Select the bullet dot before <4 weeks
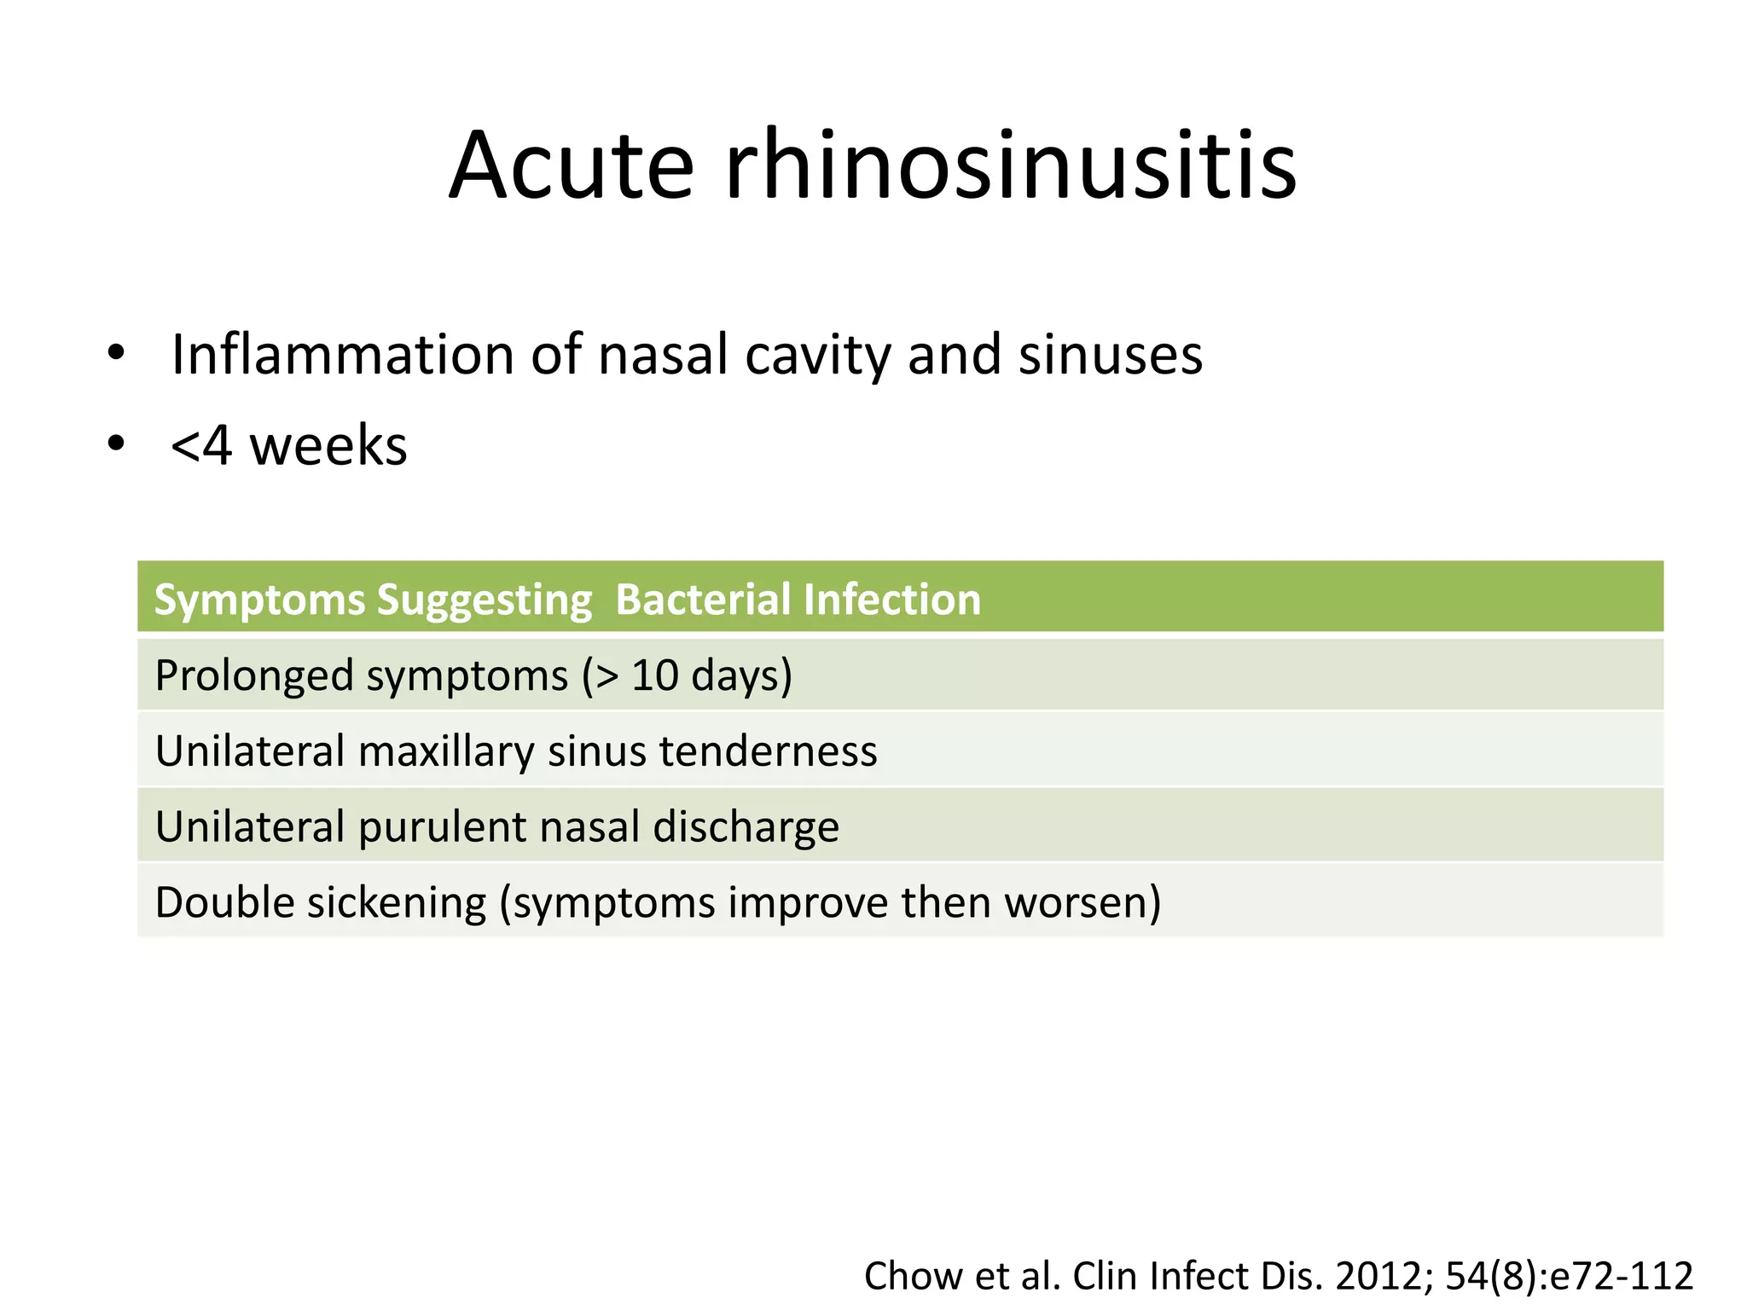[x=116, y=443]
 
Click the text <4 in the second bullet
[x=201, y=446]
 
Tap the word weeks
[x=328, y=446]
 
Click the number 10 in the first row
[x=654, y=675]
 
